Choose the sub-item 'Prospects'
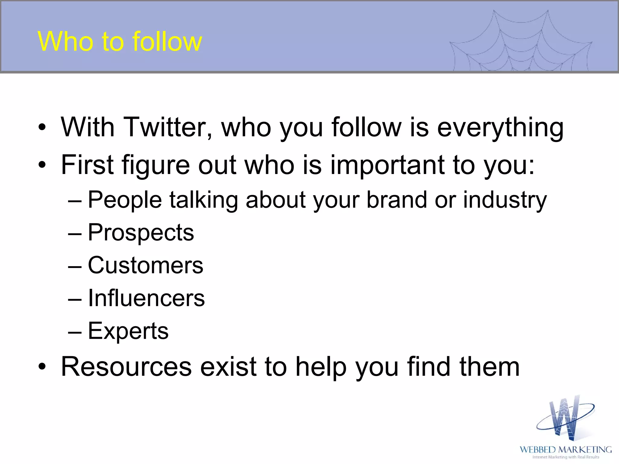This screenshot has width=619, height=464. point(141,233)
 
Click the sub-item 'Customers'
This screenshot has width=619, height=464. point(145,265)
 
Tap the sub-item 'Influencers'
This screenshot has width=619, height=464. point(146,298)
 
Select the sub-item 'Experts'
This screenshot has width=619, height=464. point(128,331)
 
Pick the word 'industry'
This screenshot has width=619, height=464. point(505,200)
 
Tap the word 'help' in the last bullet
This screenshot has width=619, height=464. point(321,367)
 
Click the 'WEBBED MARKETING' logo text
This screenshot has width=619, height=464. point(566,449)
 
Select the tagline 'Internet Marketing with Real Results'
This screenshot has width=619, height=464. point(566,457)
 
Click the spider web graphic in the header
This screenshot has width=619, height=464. point(520,42)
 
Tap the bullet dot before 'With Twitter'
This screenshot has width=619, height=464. point(42,127)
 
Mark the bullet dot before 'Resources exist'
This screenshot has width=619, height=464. point(42,367)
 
